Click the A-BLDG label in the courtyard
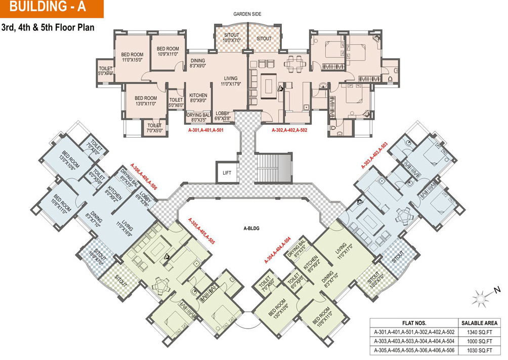(251, 228)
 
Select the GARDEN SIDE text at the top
(247, 14)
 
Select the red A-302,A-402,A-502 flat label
(289, 130)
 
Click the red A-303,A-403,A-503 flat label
(374, 155)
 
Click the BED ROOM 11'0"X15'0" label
(132, 57)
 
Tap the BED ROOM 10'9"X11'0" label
(168, 51)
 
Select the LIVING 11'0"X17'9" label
(231, 81)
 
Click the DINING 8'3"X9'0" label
(198, 63)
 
